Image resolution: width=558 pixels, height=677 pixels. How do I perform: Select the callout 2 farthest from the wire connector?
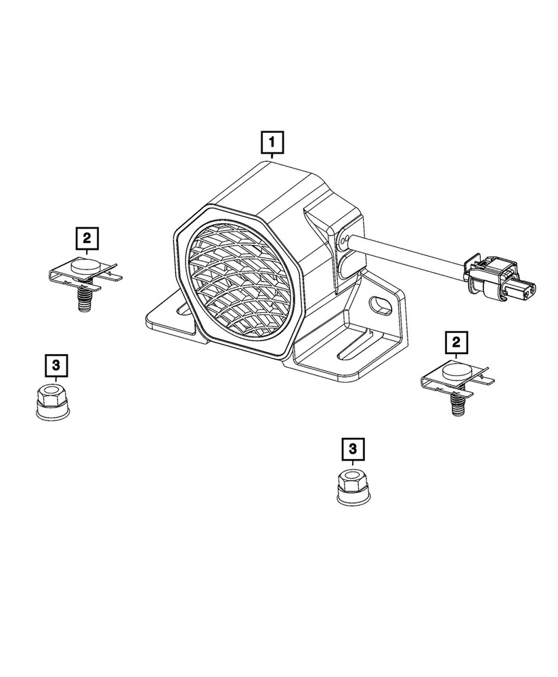coord(87,238)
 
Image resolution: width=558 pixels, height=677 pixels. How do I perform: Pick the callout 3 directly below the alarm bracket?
coord(353,448)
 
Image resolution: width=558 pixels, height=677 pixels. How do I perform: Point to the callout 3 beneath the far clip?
coord(56,366)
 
